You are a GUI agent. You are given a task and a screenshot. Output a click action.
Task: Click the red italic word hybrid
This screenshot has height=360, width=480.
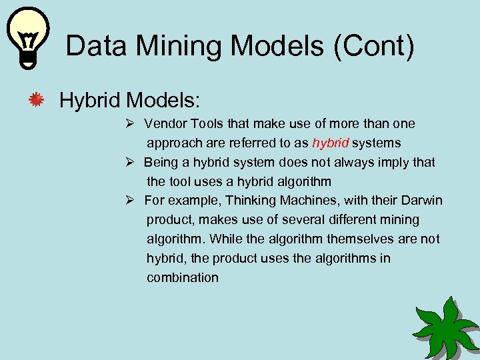coord(330,143)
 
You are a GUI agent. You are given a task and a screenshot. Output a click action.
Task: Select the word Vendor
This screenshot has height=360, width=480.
coord(166,123)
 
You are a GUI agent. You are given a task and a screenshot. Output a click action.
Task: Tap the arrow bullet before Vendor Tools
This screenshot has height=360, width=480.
coord(131,123)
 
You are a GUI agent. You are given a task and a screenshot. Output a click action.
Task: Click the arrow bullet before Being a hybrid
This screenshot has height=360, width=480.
coord(131,162)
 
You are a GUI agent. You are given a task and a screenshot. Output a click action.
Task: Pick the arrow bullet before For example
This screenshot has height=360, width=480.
coord(131,201)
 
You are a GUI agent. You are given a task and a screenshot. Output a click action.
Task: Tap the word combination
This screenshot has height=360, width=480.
coord(183,278)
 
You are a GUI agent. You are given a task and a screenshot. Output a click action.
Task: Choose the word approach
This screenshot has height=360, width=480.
coord(174,143)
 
